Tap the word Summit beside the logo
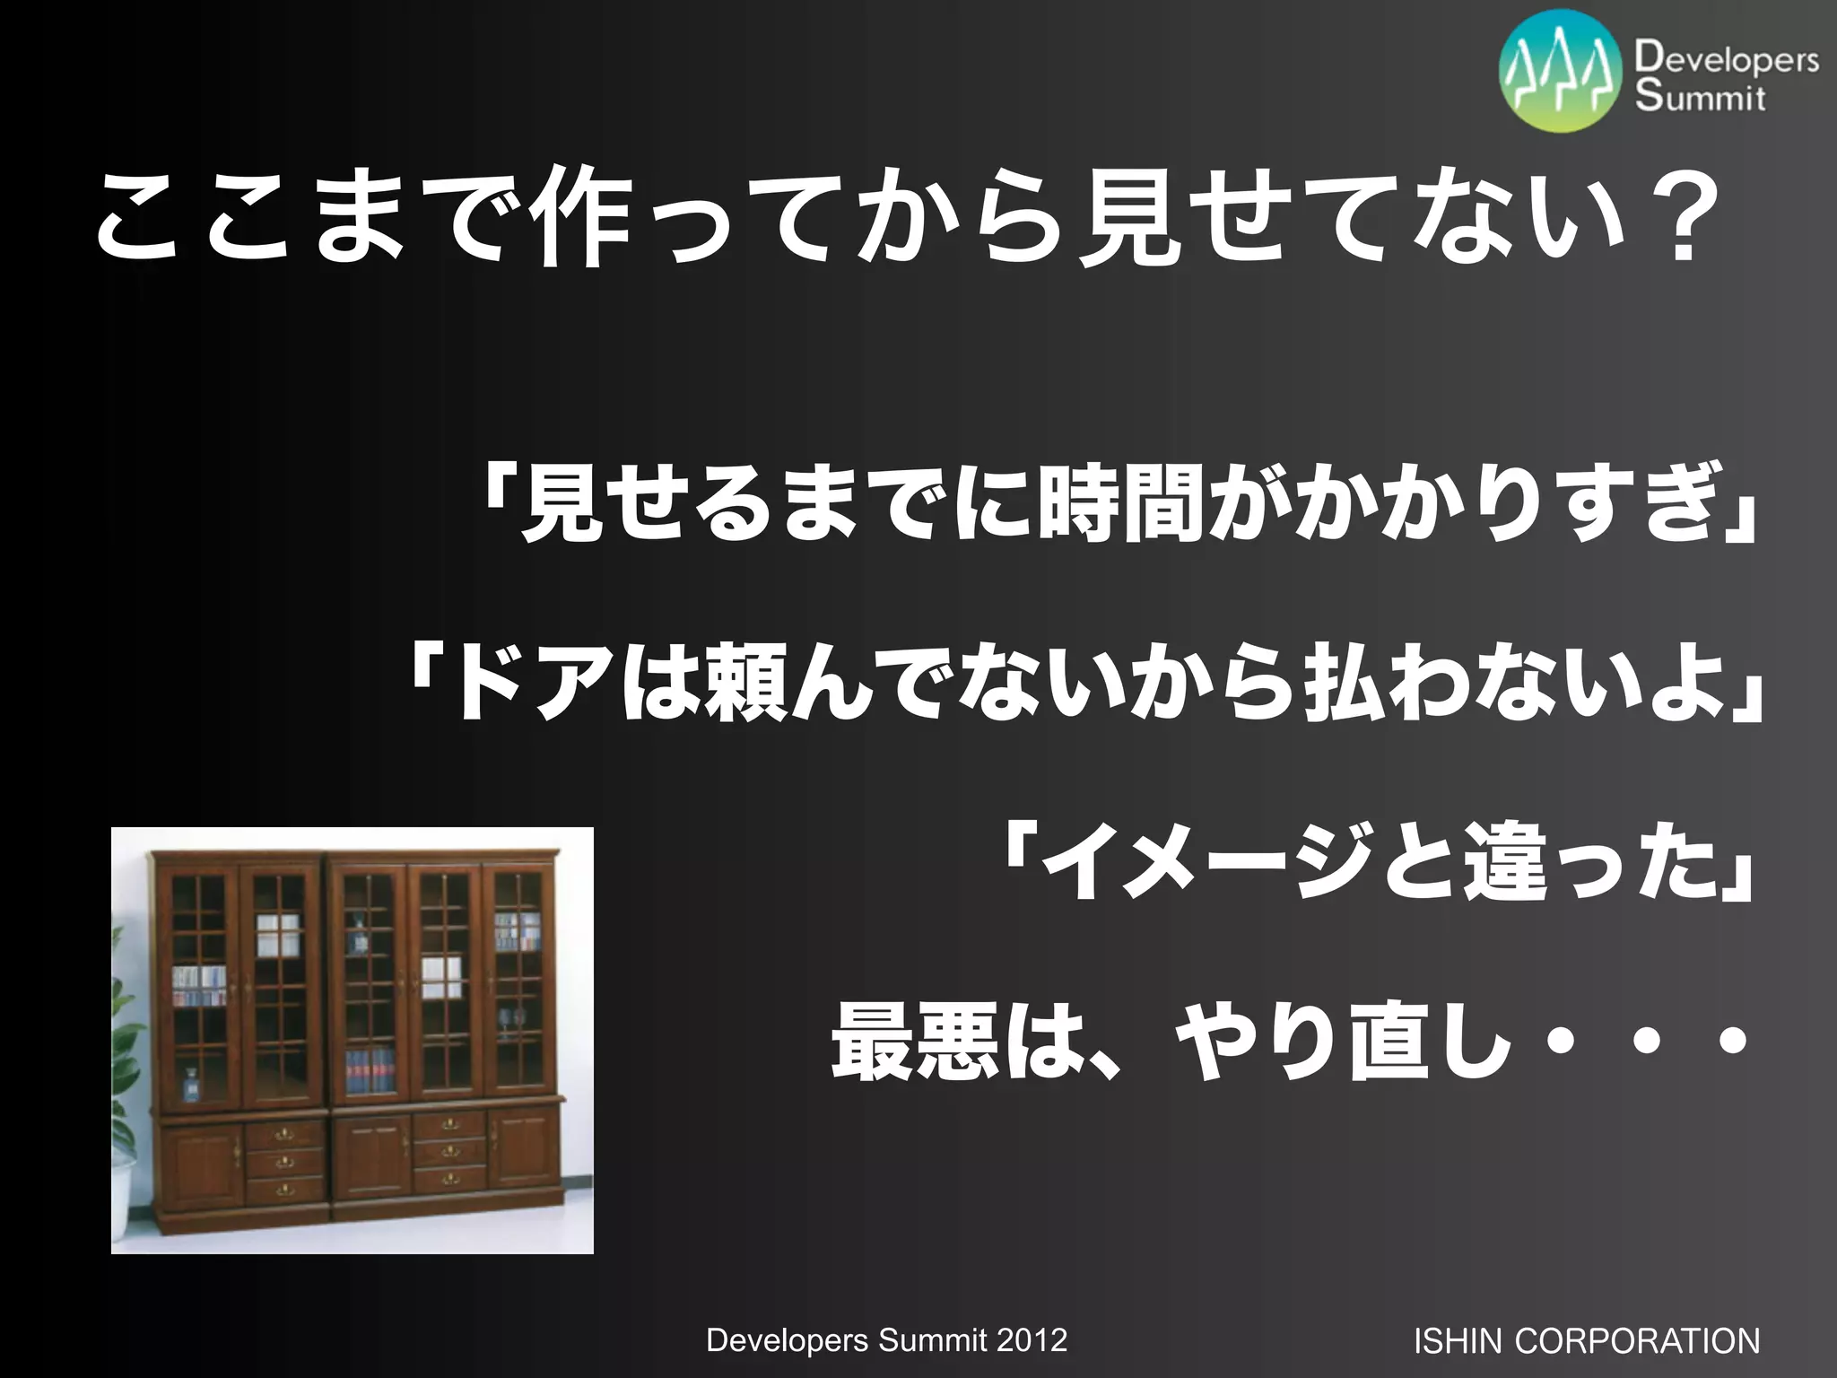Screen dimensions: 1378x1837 [1700, 96]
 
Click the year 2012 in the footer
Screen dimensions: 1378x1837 [1032, 1340]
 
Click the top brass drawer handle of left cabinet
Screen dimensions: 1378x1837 [283, 1136]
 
